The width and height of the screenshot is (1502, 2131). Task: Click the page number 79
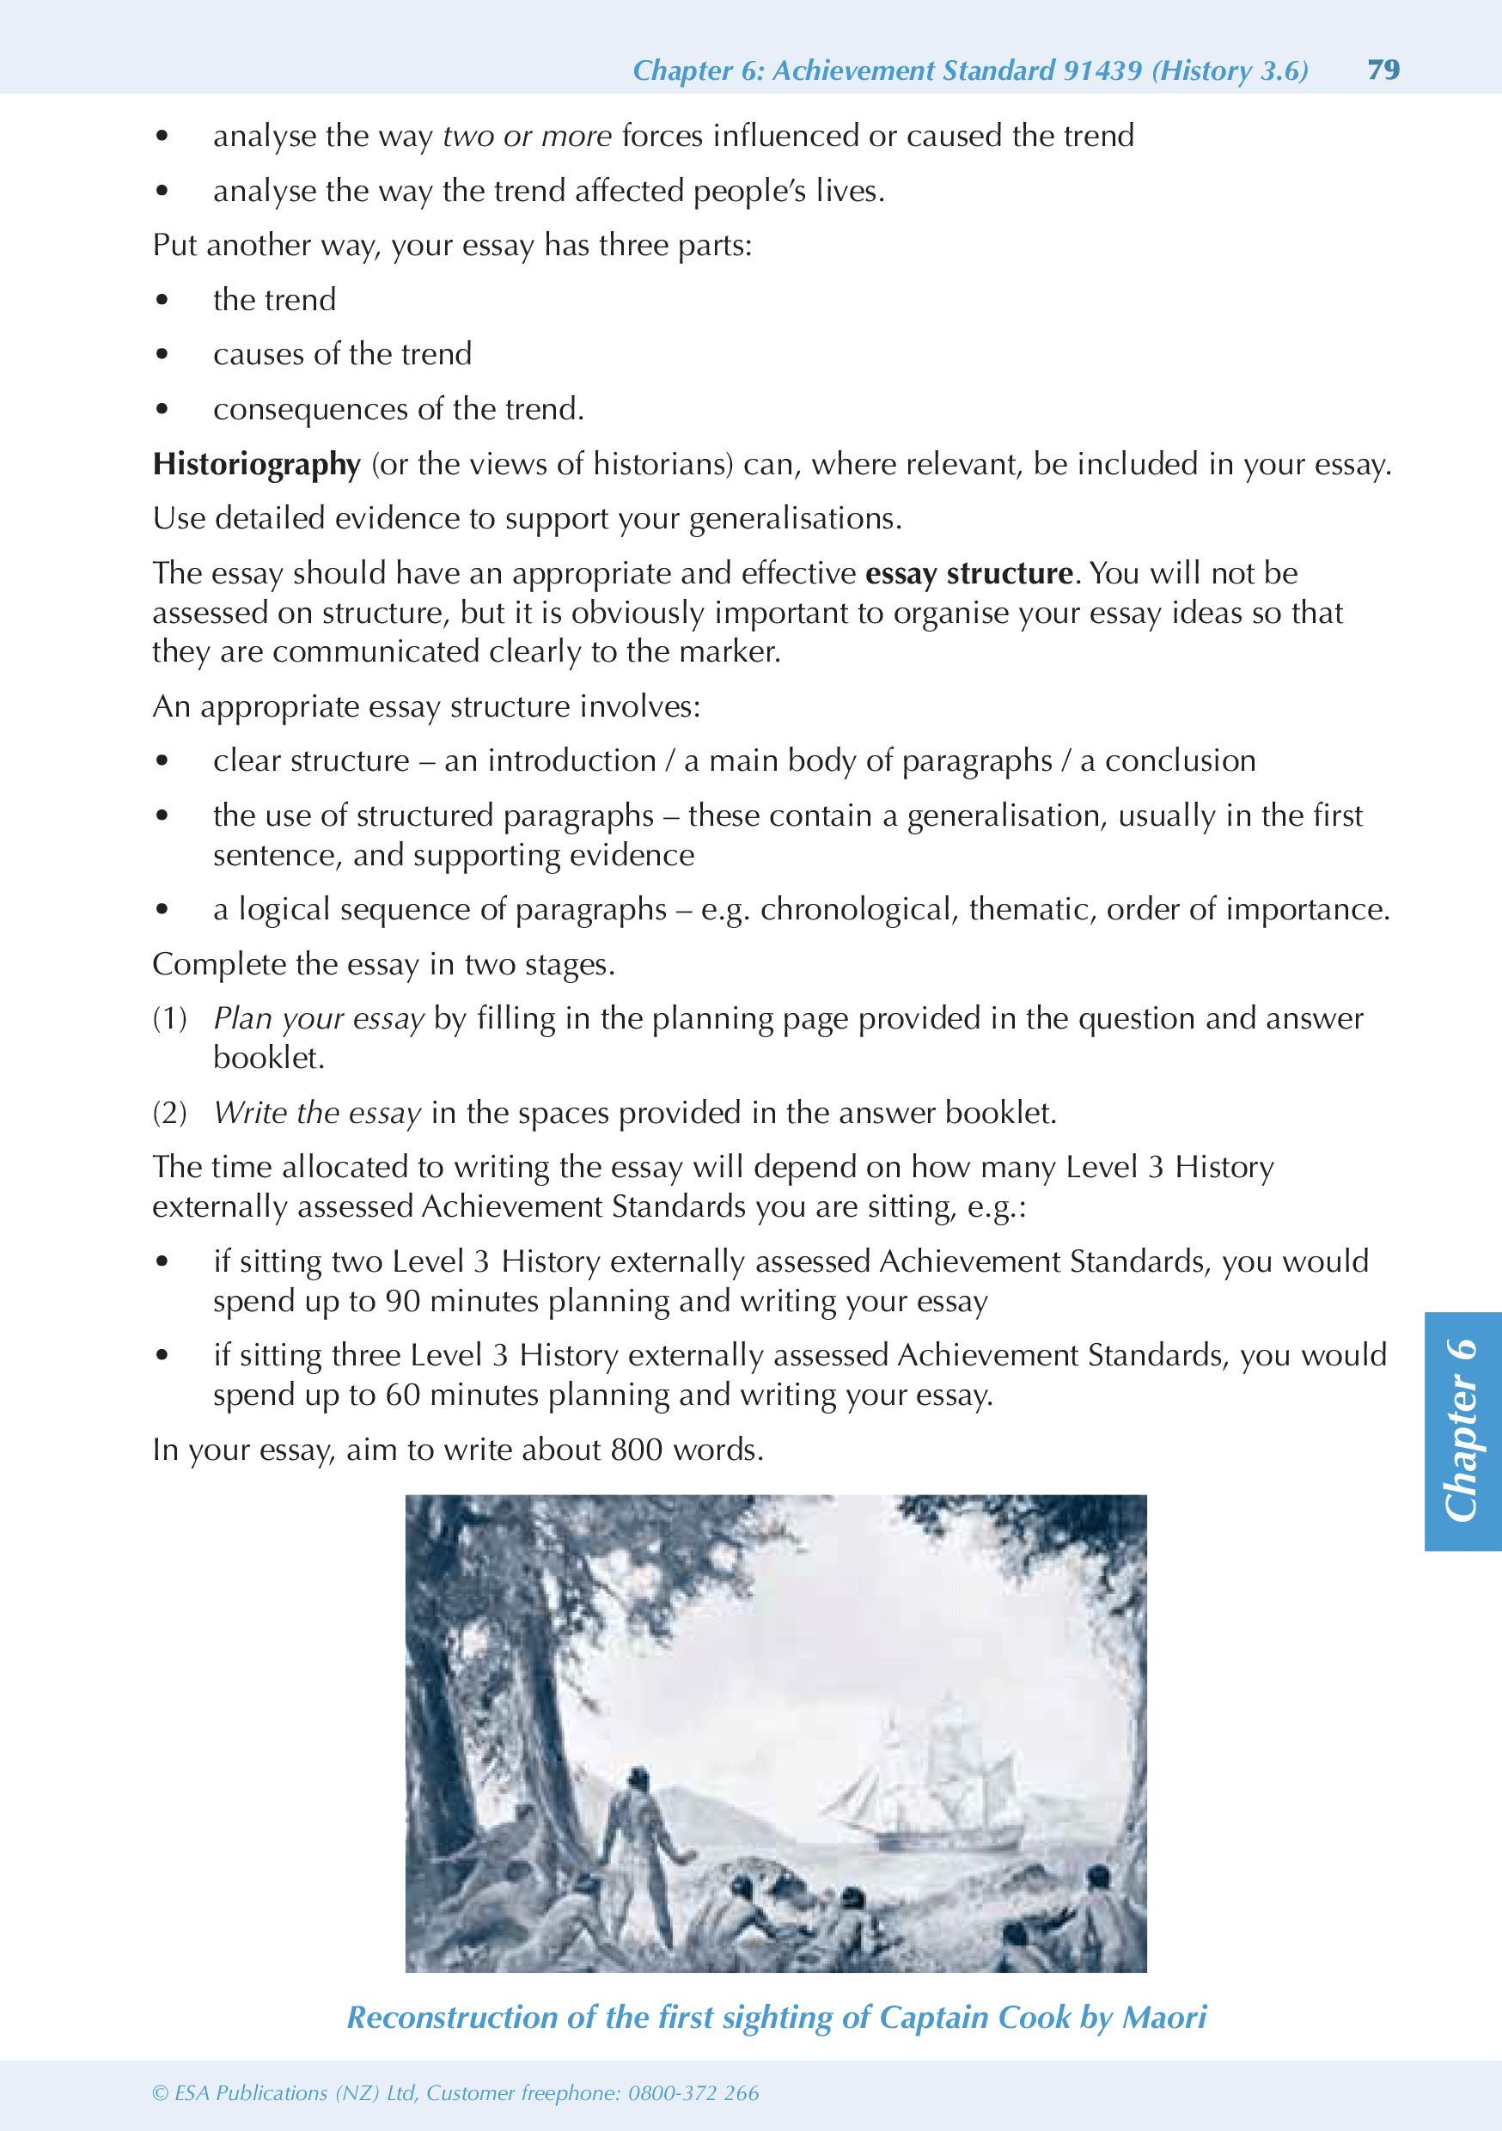coord(1383,70)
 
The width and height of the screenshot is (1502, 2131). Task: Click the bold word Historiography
coord(256,464)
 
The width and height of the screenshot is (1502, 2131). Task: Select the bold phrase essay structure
coord(968,574)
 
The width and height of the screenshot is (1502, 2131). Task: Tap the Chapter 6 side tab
coord(1462,1430)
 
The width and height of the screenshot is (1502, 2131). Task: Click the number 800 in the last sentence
coord(637,1450)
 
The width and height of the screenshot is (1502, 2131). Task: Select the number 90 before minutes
coord(403,1301)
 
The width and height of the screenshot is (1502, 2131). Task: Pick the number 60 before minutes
coord(403,1395)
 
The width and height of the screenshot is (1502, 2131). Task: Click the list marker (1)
coord(170,1019)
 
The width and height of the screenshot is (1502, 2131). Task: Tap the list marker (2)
coord(170,1113)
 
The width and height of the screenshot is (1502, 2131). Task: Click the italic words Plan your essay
coord(319,1019)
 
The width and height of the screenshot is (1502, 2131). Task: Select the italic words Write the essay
coord(317,1113)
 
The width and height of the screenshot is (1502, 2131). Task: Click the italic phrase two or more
coord(527,137)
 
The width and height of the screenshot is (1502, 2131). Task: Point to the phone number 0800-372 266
coord(693,2093)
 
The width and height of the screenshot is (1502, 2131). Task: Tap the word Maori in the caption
coord(1164,2018)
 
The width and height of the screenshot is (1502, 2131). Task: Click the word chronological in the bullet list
coord(858,910)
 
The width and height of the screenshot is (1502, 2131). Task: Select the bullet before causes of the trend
coord(162,355)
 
